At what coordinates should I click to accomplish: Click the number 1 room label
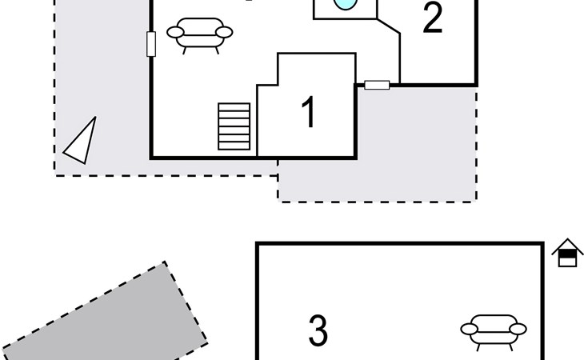point(309,112)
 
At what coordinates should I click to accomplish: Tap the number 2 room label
point(433,18)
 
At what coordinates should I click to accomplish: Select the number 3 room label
point(318,330)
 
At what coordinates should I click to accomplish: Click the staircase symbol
point(234,126)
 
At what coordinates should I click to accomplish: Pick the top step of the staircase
point(234,107)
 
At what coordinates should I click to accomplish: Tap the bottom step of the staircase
point(234,146)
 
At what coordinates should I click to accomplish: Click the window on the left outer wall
point(151,44)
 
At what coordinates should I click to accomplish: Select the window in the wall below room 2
point(377,86)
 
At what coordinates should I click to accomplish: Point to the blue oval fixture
point(346,4)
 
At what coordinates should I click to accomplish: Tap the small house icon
point(567,253)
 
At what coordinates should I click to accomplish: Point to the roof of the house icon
point(567,245)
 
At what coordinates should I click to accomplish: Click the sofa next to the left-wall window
point(200,34)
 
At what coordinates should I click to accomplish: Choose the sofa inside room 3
point(494,332)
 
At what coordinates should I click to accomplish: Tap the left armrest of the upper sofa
point(175,32)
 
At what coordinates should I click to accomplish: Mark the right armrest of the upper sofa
point(224,32)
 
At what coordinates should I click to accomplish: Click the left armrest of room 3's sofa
point(470,329)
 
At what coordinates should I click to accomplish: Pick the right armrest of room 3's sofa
point(518,329)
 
